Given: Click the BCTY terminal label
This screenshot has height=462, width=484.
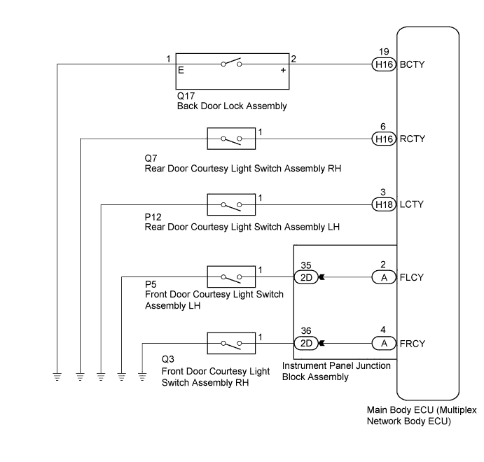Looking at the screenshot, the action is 412,64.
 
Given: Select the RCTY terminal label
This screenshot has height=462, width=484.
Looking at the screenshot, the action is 413,139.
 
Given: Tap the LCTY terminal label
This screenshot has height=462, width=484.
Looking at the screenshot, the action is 411,204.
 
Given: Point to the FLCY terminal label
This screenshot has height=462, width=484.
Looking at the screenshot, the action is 411,277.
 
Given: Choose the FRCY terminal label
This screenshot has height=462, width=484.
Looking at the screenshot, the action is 413,344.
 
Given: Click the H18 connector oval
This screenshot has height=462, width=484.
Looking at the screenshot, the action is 384,204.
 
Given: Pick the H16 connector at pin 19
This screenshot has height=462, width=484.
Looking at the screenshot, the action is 384,64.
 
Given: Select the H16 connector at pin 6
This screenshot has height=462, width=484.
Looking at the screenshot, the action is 384,139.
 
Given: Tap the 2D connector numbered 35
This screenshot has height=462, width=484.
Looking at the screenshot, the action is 306,278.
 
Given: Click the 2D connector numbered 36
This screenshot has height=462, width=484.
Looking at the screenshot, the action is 306,343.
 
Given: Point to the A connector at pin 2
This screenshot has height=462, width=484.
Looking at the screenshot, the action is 384,278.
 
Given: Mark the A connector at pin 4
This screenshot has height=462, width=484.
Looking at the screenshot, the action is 384,343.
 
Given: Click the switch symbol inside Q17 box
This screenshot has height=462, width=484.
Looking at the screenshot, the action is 232,63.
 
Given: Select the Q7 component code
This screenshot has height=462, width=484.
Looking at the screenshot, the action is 151,158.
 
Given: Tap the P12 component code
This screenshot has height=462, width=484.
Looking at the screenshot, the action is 153,217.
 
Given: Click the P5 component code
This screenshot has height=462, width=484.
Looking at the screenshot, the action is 151,284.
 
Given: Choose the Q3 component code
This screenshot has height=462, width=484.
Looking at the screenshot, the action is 168,359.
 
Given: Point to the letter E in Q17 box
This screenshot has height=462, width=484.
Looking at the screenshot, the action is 181,70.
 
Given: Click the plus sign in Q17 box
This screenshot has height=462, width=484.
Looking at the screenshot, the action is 283,70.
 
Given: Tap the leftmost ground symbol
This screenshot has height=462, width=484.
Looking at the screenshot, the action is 57,377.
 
